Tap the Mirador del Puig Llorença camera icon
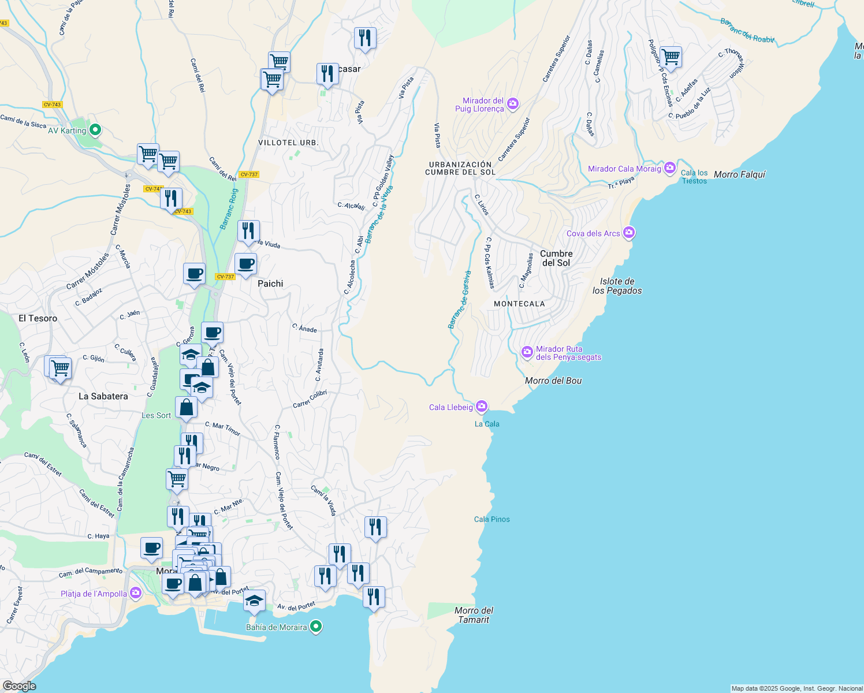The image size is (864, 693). point(513,104)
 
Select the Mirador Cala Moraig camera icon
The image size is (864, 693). point(670,169)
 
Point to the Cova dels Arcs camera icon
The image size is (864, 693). point(629,233)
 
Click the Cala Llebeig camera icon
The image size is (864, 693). point(482,407)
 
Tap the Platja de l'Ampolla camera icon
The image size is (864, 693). point(136,593)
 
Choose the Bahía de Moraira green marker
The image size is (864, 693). point(315,627)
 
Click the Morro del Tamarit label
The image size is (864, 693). point(474,615)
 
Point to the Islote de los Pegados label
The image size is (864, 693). point(617,286)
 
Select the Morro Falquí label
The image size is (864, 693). point(739,174)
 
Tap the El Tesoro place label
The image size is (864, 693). point(38,318)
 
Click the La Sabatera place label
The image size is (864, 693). point(103,396)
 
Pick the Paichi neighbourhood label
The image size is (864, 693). point(270,284)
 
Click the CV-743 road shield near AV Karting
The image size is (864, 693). point(52,105)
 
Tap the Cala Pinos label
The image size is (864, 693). point(492,519)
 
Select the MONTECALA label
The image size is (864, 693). point(519,304)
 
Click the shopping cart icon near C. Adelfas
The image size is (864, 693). point(671,57)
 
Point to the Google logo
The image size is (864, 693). point(19,685)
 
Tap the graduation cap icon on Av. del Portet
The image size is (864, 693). point(254,601)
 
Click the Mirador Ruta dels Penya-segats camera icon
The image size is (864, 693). point(527,352)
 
